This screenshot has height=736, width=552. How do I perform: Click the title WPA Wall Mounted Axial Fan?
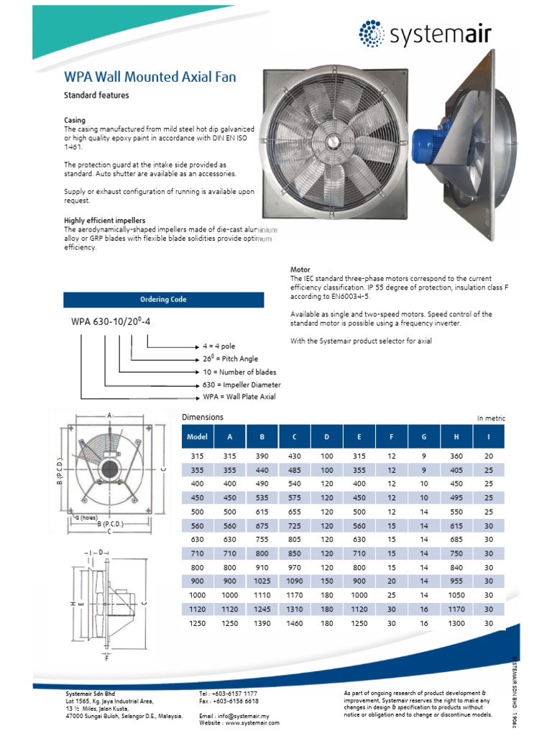point(150,77)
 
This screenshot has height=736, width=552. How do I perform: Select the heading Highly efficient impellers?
point(105,221)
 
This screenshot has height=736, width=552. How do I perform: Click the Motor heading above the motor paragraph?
point(300,270)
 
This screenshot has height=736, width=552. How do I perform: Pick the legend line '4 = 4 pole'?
point(218,346)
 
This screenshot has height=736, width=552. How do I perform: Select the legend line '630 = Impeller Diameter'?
point(241,384)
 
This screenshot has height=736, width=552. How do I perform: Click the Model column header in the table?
point(197,436)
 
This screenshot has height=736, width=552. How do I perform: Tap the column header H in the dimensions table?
point(456,436)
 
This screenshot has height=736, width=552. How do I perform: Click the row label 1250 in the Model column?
point(197,623)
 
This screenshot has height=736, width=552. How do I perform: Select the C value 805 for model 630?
point(294,540)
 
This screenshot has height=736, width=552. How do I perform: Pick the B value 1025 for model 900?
point(262,581)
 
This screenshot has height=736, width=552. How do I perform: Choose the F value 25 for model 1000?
point(392,596)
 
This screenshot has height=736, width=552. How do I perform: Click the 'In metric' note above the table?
point(491,418)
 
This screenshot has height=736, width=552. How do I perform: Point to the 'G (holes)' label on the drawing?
point(86,517)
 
